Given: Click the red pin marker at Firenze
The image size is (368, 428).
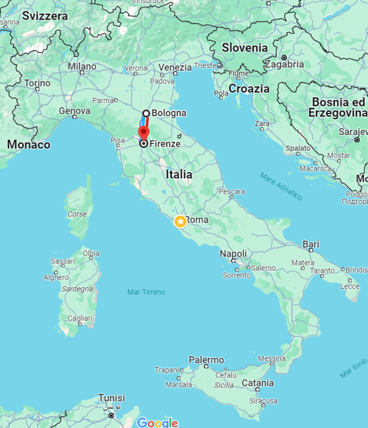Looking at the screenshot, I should point(144,131).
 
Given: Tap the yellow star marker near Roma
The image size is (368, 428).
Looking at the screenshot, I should point(180,221).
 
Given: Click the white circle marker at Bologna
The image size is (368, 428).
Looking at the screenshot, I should point(147,113).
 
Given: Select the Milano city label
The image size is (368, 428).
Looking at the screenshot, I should point(82,67).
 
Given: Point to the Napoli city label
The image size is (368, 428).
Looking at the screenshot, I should point(233,254).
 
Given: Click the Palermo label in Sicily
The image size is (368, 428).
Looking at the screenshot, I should point(206,360).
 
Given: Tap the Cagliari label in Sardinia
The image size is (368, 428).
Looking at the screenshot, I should point(79,318).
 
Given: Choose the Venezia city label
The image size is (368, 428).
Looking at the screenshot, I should point(175,68).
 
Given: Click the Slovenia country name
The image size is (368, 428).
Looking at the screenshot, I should point(244,48).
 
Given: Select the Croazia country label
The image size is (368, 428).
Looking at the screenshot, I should point(249,89).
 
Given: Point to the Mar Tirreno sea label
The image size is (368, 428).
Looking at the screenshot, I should point(146,292).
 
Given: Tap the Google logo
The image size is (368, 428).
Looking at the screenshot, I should point(157,422).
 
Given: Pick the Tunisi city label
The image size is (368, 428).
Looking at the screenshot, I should point(111,398).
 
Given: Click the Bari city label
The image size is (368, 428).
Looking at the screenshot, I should point(311,244).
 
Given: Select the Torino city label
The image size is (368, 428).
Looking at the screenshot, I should point(37,83).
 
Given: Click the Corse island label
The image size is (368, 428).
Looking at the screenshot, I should point(77,214).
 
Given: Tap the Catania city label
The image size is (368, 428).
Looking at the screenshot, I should point(258,383).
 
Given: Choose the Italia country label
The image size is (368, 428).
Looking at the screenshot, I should point(179,174).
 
